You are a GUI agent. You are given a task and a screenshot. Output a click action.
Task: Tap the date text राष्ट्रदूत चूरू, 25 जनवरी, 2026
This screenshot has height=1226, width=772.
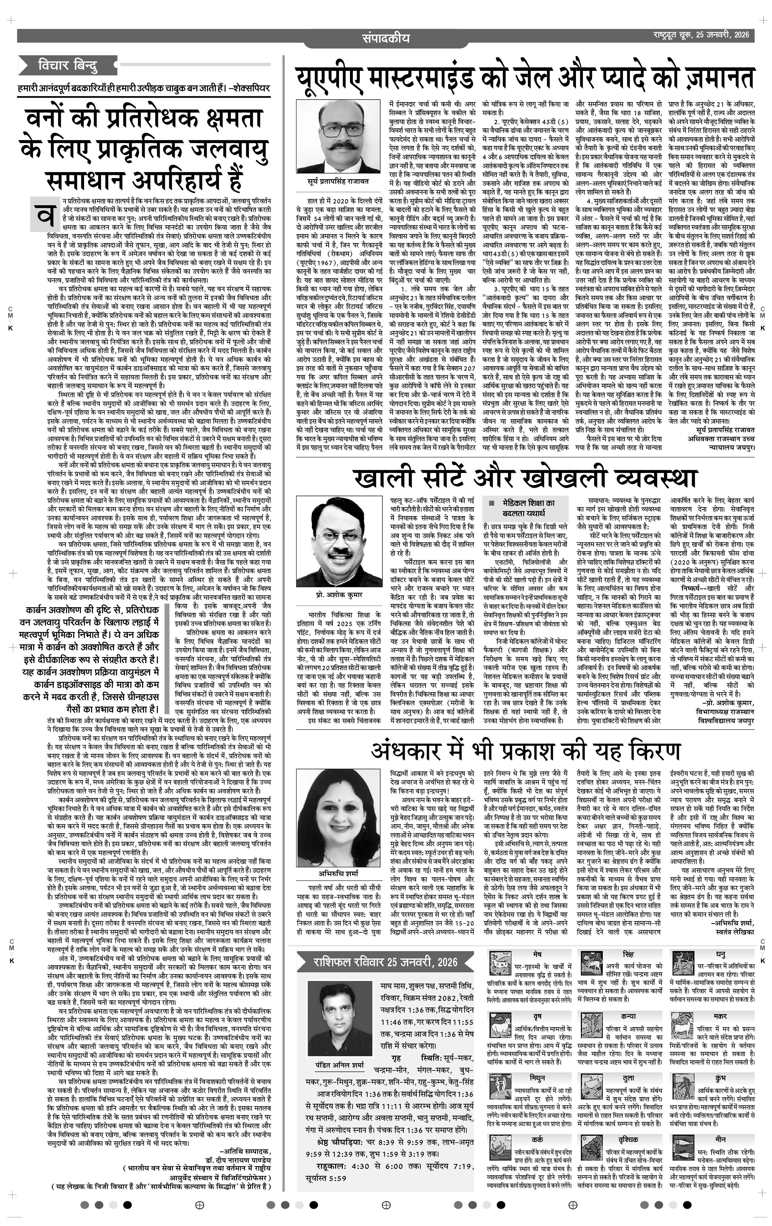tap(702, 36)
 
